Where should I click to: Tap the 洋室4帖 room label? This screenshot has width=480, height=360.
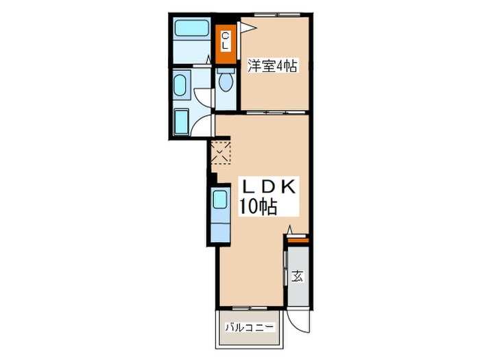click(272, 67)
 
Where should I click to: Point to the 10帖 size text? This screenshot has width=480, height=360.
click(258, 207)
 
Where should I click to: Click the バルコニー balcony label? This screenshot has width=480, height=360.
click(250, 328)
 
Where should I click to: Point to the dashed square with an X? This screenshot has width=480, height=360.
click(221, 152)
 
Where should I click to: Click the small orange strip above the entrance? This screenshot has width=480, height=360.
click(297, 240)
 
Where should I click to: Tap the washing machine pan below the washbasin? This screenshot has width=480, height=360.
click(182, 123)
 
